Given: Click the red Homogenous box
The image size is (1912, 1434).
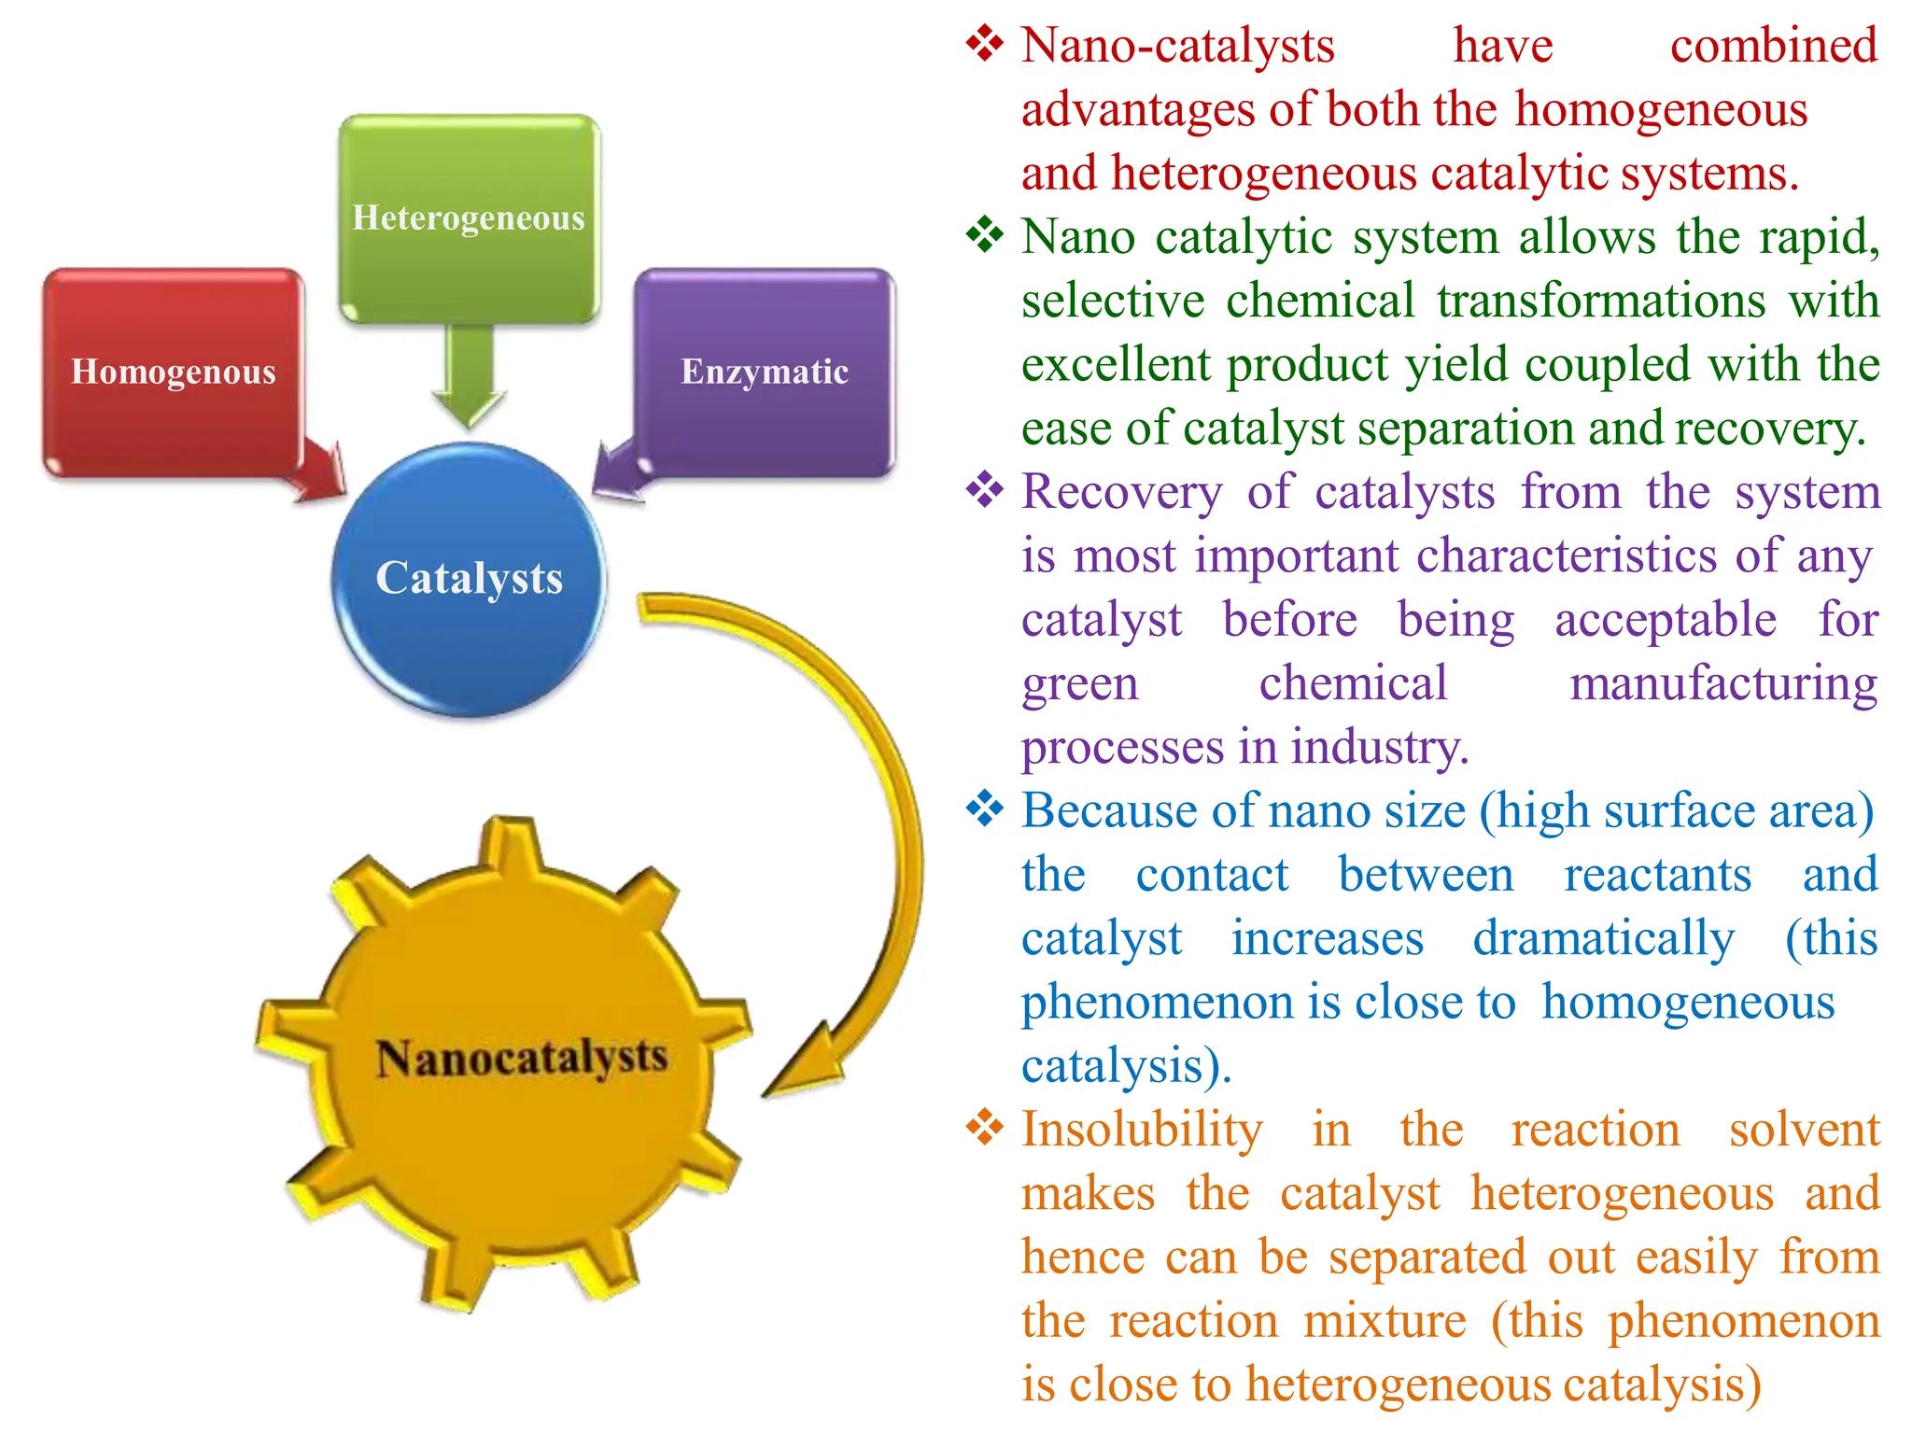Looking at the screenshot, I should [173, 372].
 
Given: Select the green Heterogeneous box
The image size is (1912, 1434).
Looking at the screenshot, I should [469, 218].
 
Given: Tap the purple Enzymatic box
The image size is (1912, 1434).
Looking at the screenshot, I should [765, 372].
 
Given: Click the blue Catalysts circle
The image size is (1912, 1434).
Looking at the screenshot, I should [469, 579].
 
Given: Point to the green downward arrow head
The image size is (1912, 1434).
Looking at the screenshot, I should [469, 406].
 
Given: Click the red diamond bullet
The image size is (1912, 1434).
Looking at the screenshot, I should [984, 44].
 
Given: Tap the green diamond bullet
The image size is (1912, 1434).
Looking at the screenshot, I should [984, 235].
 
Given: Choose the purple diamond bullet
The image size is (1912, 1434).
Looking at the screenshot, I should [984, 490].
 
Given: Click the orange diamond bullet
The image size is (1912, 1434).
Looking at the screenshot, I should [984, 1128].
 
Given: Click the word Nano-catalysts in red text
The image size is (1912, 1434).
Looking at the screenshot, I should [1178, 45].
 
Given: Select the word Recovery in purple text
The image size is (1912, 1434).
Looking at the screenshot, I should [1121, 492].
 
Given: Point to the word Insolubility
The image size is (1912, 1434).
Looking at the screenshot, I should [1142, 1130].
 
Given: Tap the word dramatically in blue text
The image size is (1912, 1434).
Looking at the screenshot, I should [1603, 938].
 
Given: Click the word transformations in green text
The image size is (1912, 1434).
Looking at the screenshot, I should [1601, 301].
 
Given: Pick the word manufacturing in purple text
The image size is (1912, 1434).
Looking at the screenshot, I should [1723, 683].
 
